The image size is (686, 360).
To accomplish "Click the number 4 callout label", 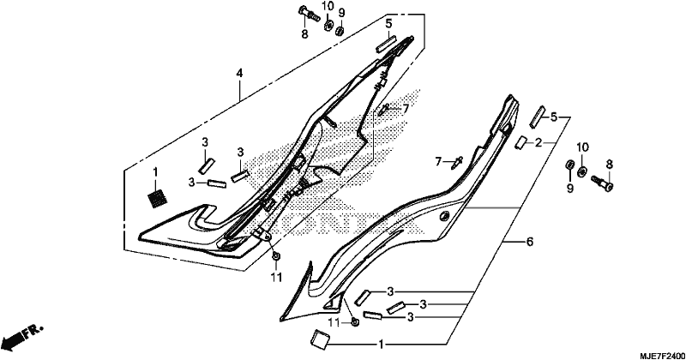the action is tap(239, 73).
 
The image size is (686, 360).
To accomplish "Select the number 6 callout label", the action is tap(529, 242).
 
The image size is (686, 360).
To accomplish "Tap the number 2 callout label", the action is tap(539, 142).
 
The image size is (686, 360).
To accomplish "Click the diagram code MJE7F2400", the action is tap(663, 354).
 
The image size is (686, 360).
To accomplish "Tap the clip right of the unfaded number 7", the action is tap(458, 161).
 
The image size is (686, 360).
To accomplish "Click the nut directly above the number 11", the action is tap(276, 256).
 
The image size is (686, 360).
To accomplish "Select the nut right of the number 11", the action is tap(356, 322).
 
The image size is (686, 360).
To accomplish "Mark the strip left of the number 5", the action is tap(537, 117).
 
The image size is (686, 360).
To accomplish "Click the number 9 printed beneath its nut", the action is tap(569, 188).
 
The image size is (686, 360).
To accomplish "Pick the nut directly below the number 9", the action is tap(340, 31).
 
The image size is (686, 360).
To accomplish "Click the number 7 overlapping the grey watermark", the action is tap(405, 108).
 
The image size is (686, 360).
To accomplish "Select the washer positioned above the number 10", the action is tap(582, 172).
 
